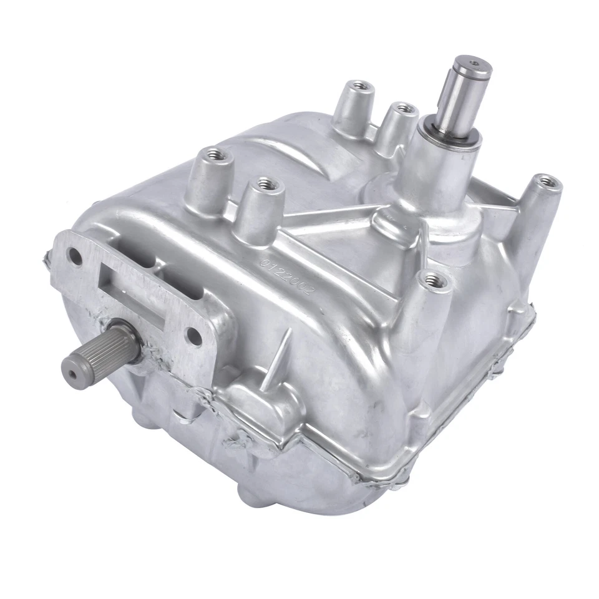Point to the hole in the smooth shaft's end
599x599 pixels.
coord(475,62)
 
